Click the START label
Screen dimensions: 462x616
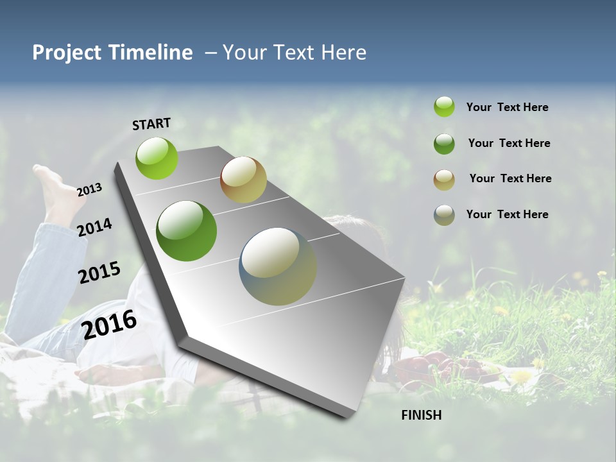click(x=151, y=124)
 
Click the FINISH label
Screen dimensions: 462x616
click(x=422, y=415)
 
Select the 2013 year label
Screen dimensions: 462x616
click(x=90, y=190)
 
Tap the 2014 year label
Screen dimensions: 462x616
click(x=95, y=227)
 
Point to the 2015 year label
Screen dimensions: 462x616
click(x=99, y=272)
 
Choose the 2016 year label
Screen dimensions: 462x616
click(x=110, y=324)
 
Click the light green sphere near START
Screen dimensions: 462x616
click(x=157, y=158)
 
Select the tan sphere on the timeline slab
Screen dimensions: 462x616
click(x=243, y=180)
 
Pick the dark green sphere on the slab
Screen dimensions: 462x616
click(x=187, y=231)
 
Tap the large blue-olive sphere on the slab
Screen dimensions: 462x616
click(x=278, y=266)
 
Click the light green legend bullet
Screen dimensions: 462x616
click(x=444, y=107)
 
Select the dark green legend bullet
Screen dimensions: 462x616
click(x=444, y=144)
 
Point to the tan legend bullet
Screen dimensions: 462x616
click(x=444, y=180)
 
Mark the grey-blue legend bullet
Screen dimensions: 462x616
click(x=444, y=215)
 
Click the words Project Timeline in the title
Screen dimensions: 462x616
click(x=112, y=53)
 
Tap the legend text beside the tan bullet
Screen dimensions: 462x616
click(x=510, y=178)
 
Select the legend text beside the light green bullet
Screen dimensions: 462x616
click(x=507, y=107)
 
